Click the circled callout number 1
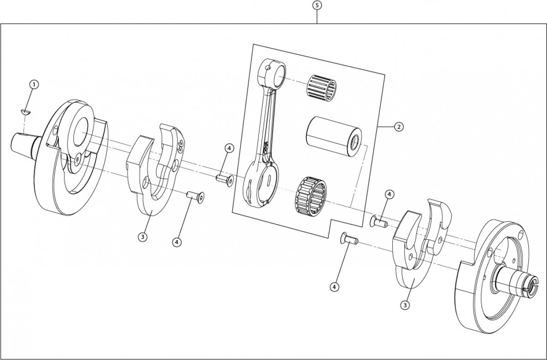point(34,85)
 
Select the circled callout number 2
point(398,127)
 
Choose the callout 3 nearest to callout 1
point(143,237)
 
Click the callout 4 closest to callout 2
point(389,194)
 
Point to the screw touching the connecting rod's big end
point(224,179)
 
